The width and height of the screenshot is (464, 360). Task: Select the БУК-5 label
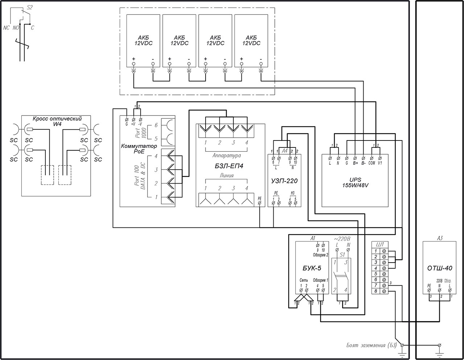pos(312,268)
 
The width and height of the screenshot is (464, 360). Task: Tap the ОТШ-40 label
pos(440,268)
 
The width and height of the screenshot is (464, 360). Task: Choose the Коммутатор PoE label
pos(139,148)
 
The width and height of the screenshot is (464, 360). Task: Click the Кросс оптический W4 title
pos(57,121)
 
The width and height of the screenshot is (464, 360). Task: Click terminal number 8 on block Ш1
pos(376,291)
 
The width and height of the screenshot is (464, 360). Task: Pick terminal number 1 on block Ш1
pos(376,251)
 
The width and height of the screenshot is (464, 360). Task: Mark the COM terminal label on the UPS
pos(372,163)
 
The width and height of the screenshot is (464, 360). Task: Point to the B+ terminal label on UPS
pos(355,163)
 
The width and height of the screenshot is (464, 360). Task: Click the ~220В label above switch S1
pos(342,239)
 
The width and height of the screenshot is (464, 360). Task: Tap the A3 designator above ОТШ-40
pos(439,238)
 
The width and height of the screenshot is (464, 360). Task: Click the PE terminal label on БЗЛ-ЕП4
pos(260,198)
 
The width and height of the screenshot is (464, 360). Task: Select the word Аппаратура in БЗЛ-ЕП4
pos(226,155)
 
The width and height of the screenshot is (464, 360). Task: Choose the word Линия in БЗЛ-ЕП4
pos(226,175)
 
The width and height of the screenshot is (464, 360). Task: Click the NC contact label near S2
pos(6,28)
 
